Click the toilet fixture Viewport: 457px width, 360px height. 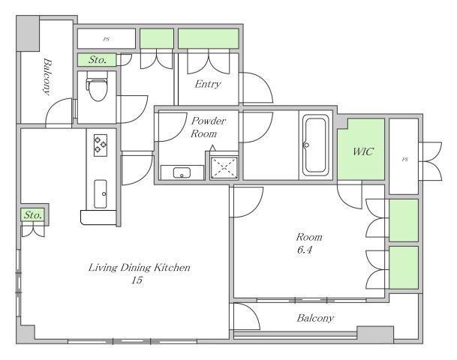point(98,86)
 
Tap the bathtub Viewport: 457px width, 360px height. point(315,145)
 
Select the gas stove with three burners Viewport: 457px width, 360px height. point(101,145)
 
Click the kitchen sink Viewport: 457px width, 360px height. point(101,193)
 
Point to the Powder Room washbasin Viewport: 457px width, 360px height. point(182,172)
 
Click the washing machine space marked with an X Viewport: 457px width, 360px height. point(224,167)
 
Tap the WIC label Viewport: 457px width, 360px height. point(363,151)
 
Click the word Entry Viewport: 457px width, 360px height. point(208,84)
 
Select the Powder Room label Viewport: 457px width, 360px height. point(208,127)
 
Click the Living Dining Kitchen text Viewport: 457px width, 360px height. point(140,267)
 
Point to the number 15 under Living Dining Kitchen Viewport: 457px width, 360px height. point(137,280)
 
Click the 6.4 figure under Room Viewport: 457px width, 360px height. point(305,250)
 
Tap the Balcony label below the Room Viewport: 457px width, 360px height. point(315,318)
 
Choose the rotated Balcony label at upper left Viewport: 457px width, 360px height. point(47,77)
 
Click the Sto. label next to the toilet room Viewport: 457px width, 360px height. point(98,60)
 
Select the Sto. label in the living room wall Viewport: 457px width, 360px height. point(33,215)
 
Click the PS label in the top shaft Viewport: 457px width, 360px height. point(107,39)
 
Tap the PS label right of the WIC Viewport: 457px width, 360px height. point(404,159)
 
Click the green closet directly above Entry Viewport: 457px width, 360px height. point(209,38)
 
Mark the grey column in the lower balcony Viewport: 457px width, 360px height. point(375,335)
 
